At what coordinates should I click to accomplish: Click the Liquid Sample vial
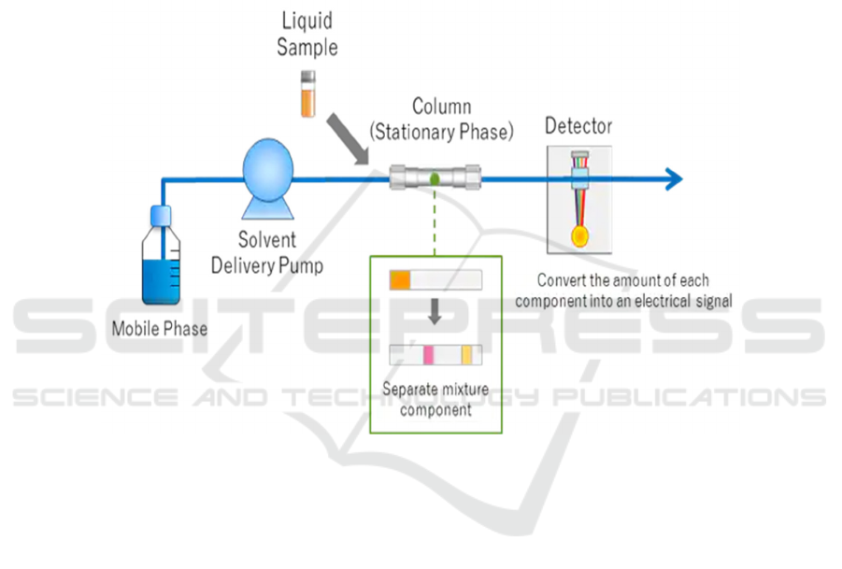tap(307, 94)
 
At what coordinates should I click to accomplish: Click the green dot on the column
tap(435, 177)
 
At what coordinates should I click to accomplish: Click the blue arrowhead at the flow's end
tap(673, 178)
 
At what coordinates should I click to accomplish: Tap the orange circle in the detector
tap(579, 236)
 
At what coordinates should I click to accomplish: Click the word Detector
tap(578, 125)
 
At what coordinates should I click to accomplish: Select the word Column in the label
tap(441, 107)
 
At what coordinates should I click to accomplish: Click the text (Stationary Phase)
tap(441, 132)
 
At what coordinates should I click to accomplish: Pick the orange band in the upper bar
tap(400, 279)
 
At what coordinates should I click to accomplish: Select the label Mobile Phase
tap(160, 328)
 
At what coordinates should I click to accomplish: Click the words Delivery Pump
tap(267, 265)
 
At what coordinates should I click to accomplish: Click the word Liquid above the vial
tap(307, 20)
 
